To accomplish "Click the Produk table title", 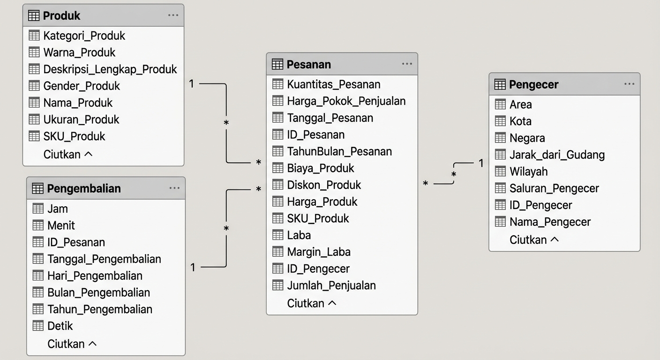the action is click(61, 15).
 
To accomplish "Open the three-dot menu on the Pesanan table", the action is click(407, 64).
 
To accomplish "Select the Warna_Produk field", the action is click(79, 52).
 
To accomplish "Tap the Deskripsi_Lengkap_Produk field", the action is click(110, 69).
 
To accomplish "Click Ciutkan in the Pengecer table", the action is click(534, 240).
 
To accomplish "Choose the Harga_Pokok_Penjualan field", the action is click(346, 101).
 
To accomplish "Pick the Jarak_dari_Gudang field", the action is click(557, 155).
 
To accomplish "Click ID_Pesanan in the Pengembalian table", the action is click(76, 242).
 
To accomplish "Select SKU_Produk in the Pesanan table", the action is click(318, 218).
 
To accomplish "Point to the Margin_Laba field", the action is click(319, 252).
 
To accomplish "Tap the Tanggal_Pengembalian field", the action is click(104, 259).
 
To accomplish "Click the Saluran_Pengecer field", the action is click(554, 188).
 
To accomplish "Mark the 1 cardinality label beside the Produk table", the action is click(191, 84).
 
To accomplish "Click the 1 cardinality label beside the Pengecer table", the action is click(481, 163).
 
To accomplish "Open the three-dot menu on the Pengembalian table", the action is click(174, 188).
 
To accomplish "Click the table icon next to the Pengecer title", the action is click(500, 84).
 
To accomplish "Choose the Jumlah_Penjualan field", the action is click(331, 285).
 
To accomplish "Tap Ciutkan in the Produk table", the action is click(67, 154).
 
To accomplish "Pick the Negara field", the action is click(527, 138).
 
